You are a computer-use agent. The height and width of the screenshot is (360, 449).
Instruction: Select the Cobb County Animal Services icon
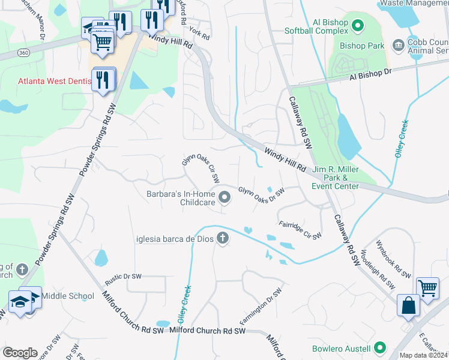[x=397, y=45]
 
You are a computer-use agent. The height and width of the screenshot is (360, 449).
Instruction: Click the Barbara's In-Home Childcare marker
[x=224, y=197]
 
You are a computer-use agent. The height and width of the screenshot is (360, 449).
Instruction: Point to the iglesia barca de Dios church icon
[x=223, y=238]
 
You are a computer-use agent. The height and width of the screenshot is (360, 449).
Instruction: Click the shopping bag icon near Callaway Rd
[x=408, y=305]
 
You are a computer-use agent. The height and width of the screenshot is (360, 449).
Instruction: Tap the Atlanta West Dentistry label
[x=53, y=80]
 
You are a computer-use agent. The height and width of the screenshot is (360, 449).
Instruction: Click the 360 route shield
[x=22, y=53]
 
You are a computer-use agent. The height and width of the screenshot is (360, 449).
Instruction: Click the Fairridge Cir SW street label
[x=300, y=231]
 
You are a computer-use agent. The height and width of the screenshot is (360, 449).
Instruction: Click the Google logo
[x=19, y=353]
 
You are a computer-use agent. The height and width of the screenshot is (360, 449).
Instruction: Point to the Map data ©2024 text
[x=423, y=355]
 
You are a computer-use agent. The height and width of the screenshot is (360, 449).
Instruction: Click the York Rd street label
[x=198, y=34]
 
